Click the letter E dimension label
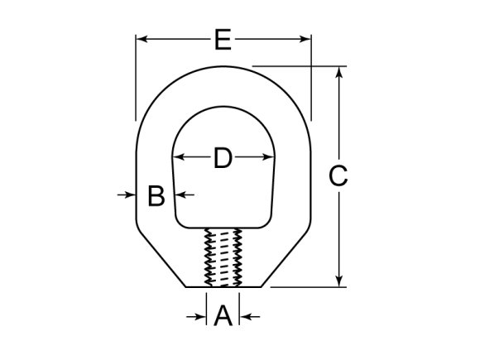(222, 39)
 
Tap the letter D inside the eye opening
(223, 157)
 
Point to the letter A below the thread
(223, 316)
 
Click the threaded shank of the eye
(221, 257)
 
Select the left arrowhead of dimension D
(177, 157)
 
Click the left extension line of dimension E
(136, 79)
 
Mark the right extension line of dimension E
(311, 79)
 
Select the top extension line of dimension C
(298, 66)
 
